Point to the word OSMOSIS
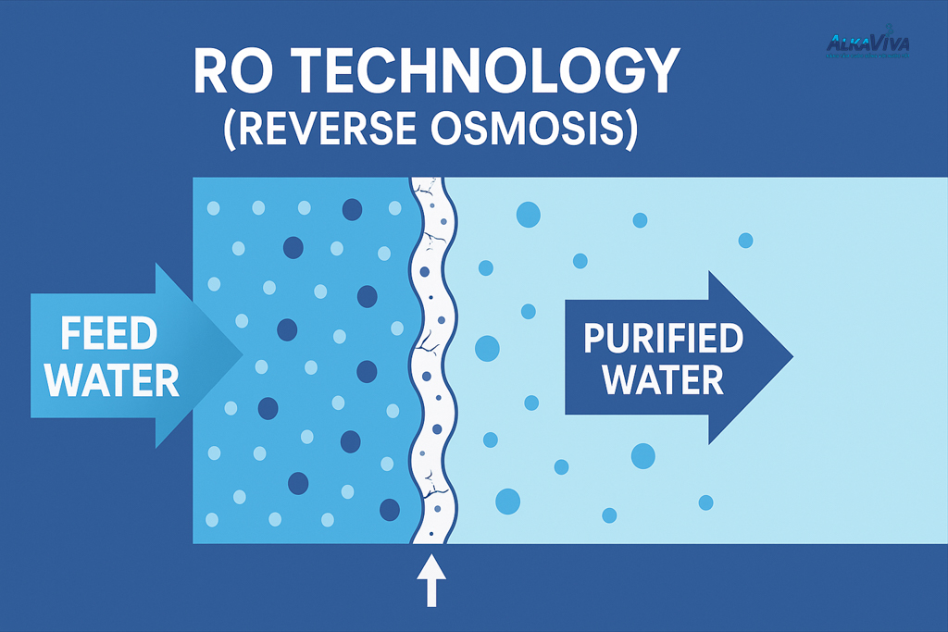pos(538,130)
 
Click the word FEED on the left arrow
pos(109,334)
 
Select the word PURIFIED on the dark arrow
pos(664,339)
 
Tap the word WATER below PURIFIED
pos(664,379)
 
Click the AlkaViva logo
pos(866,42)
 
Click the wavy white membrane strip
pos(428,361)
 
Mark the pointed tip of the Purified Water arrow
pos(792,357)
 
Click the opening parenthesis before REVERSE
pos(231,130)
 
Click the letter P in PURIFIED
pos(595,339)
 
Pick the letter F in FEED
pos(71,334)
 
